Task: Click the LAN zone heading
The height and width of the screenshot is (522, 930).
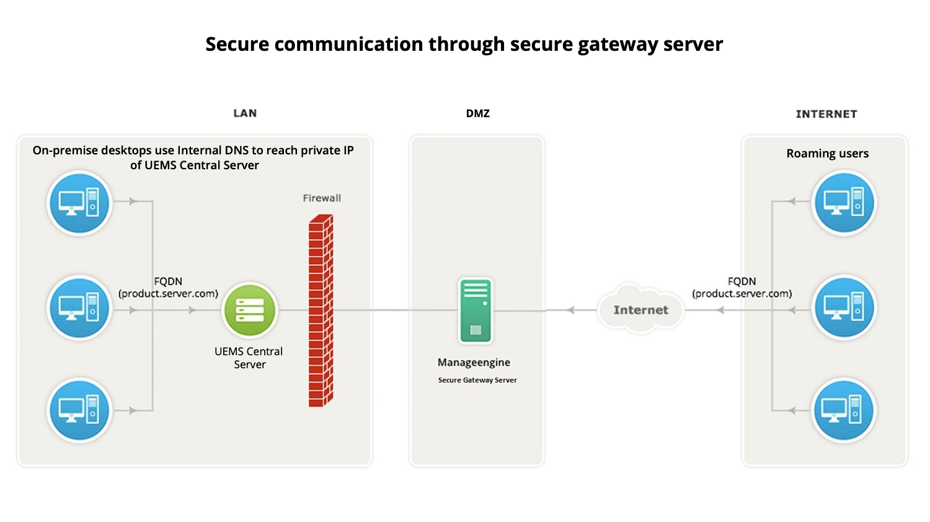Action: pyautogui.click(x=245, y=113)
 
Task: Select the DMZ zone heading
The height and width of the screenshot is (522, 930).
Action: pyautogui.click(x=478, y=113)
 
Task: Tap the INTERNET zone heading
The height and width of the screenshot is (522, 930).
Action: pyautogui.click(x=826, y=114)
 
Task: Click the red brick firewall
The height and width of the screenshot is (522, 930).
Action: pyautogui.click(x=321, y=310)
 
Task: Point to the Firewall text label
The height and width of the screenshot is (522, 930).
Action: pyautogui.click(x=322, y=198)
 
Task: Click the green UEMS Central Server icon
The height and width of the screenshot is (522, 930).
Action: pyautogui.click(x=250, y=310)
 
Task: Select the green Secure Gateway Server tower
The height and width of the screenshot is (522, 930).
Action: pyautogui.click(x=476, y=310)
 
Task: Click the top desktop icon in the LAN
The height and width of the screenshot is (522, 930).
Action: pyautogui.click(x=79, y=203)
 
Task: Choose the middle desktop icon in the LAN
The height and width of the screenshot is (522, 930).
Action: pyautogui.click(x=79, y=307)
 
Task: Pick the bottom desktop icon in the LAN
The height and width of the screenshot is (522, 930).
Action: pyautogui.click(x=79, y=410)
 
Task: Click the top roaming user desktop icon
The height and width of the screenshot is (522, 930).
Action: pyautogui.click(x=844, y=202)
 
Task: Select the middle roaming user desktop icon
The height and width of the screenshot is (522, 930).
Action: pyautogui.click(x=844, y=307)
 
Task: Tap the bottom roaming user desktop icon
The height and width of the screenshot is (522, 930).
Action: pyautogui.click(x=843, y=410)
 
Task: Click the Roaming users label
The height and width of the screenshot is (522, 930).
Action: pyautogui.click(x=828, y=154)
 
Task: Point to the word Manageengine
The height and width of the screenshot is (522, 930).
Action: pyautogui.click(x=474, y=363)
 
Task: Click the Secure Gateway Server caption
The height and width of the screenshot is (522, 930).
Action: pyautogui.click(x=477, y=380)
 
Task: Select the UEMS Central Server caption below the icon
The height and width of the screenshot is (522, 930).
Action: pyautogui.click(x=249, y=358)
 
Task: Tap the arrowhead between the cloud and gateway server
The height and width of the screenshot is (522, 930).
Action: pyautogui.click(x=570, y=310)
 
